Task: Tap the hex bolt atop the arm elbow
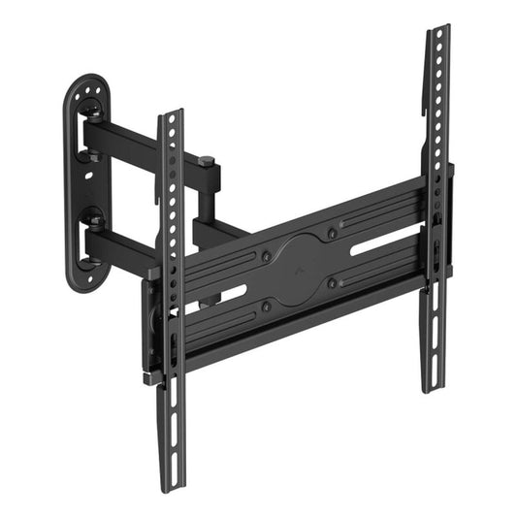[206, 160]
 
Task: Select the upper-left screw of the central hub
[266, 257]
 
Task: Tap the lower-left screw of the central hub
[267, 307]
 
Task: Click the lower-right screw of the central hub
[333, 283]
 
